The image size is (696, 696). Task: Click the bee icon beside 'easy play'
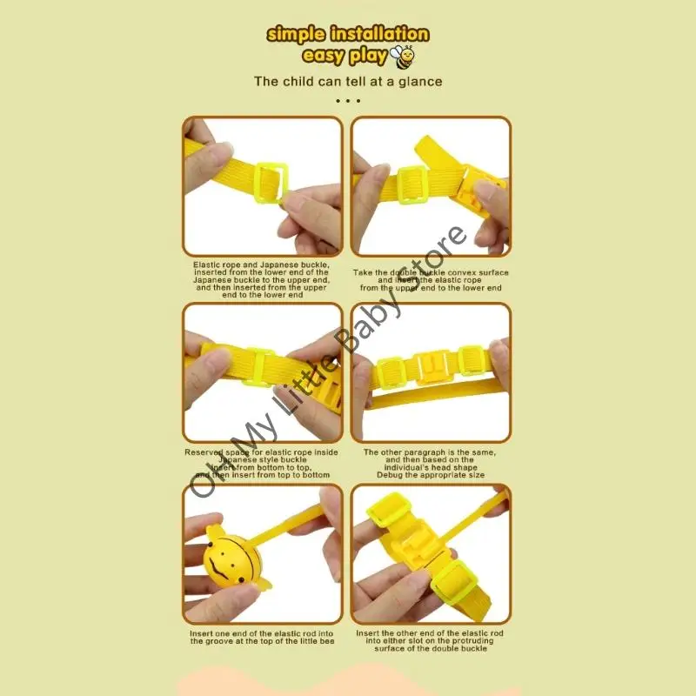click(405, 57)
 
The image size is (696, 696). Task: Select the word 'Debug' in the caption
click(392, 476)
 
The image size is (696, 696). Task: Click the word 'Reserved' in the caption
click(204, 452)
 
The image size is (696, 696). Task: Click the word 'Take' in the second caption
click(363, 272)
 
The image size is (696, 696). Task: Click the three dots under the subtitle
click(347, 101)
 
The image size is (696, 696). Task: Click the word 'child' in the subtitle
click(298, 82)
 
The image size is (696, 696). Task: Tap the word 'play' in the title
click(369, 57)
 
